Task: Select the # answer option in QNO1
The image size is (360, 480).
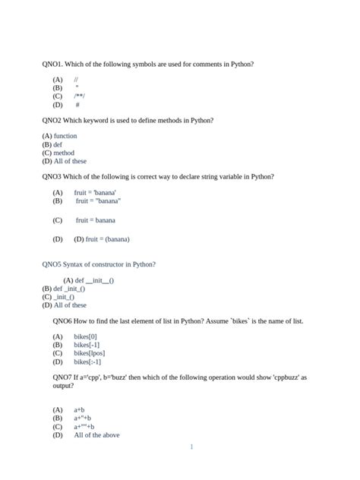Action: pos(77,105)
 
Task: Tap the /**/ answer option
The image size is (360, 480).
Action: pos(80,96)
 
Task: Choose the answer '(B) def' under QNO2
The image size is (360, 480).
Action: pos(52,144)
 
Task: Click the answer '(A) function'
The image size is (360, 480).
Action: pos(60,136)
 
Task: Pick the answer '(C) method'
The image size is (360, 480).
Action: pos(58,153)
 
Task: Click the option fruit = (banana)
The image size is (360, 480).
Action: pos(102,238)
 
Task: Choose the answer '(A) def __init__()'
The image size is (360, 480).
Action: pos(88,280)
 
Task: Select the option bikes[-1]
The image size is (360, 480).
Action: pos(87,344)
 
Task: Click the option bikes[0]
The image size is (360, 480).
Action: pos(85,336)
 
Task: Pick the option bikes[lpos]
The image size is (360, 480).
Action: pos(89,352)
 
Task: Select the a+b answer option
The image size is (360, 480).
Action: pos(79,410)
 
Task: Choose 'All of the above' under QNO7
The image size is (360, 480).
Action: pos(96,435)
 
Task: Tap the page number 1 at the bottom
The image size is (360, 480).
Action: pos(191,447)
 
